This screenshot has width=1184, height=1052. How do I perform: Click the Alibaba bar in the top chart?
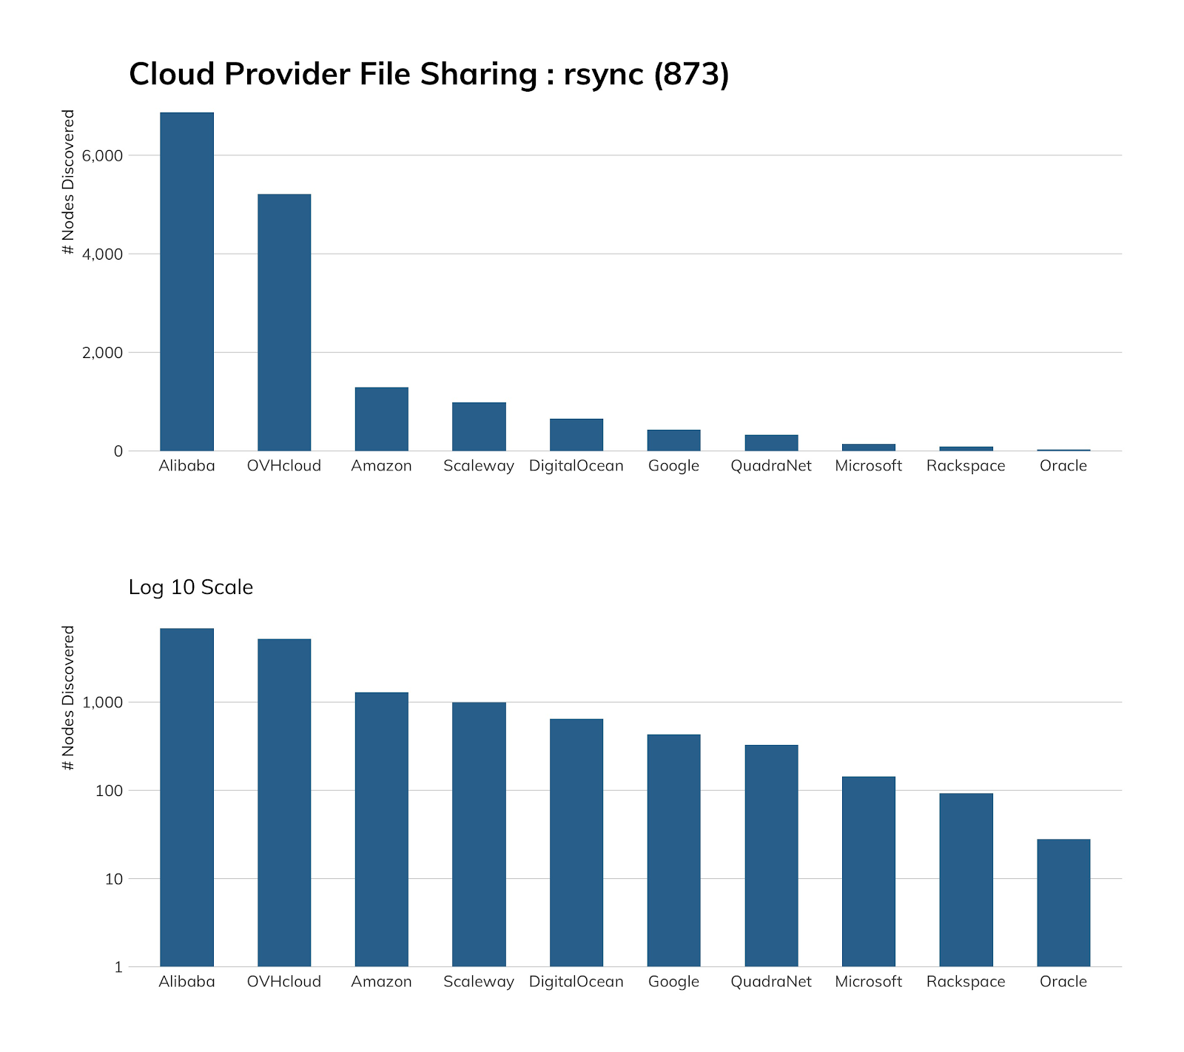click(186, 281)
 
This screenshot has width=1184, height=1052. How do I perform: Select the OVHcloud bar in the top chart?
click(284, 322)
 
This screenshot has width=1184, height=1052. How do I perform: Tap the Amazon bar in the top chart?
click(381, 419)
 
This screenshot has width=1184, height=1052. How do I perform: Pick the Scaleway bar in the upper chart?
click(479, 426)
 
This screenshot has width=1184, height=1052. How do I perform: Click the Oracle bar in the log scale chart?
click(1063, 903)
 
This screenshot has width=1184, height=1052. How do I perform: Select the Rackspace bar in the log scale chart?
click(966, 880)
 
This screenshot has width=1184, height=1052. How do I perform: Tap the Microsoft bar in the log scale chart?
click(868, 871)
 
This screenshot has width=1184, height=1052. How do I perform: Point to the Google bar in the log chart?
click(673, 850)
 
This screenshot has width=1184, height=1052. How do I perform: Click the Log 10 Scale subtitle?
click(191, 587)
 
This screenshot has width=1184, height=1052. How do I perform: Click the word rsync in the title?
click(603, 75)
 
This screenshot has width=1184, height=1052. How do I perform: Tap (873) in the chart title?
click(691, 75)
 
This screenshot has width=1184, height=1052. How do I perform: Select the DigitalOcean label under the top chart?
click(576, 466)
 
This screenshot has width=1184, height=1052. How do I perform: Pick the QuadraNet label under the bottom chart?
click(770, 982)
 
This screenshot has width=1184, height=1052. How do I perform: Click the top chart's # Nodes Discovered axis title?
click(69, 182)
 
